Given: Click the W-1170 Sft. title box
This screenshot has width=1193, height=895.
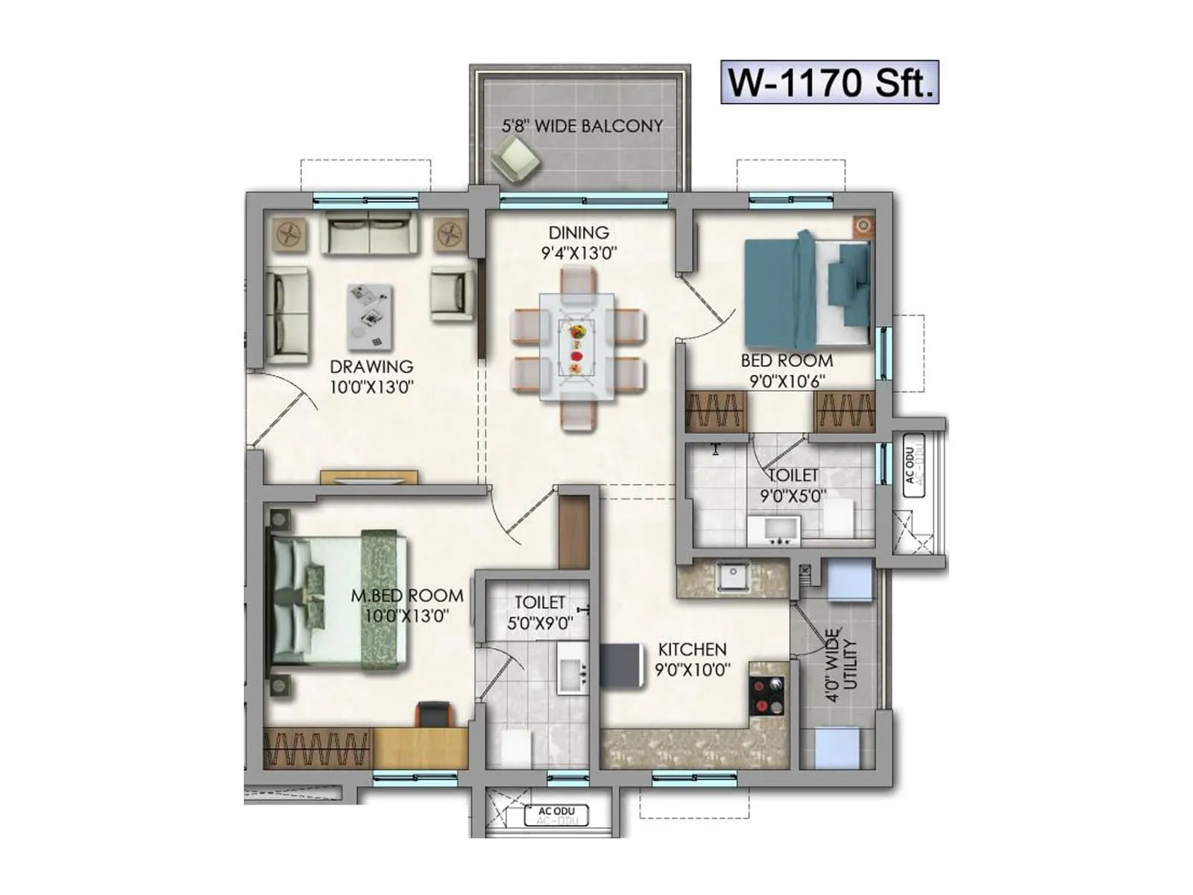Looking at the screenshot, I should (829, 82).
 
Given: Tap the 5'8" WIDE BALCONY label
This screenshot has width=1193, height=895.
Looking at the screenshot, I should (582, 126).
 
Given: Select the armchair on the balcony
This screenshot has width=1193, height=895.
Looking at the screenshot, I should (515, 160).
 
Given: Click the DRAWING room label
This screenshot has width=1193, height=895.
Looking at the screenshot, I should (371, 376).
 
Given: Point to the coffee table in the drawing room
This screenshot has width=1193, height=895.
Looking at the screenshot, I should (370, 316).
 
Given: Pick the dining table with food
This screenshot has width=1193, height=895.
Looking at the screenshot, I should (577, 346).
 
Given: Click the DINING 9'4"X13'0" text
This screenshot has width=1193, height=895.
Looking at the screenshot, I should (579, 243).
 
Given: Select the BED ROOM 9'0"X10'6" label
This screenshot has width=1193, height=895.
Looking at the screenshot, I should (787, 371).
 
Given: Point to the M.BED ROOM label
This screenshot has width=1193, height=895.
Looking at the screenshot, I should (407, 605).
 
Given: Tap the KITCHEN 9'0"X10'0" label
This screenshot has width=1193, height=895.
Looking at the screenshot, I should (692, 659).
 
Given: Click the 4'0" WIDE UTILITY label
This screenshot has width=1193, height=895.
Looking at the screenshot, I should (842, 665).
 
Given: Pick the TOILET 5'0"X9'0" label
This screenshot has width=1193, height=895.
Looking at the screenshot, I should (540, 612).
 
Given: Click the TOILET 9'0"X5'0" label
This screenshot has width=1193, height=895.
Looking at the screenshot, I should (793, 486).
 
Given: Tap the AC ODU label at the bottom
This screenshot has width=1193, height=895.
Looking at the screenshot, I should (556, 814).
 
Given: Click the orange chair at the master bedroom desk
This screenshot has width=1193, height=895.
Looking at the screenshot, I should (435, 715).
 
